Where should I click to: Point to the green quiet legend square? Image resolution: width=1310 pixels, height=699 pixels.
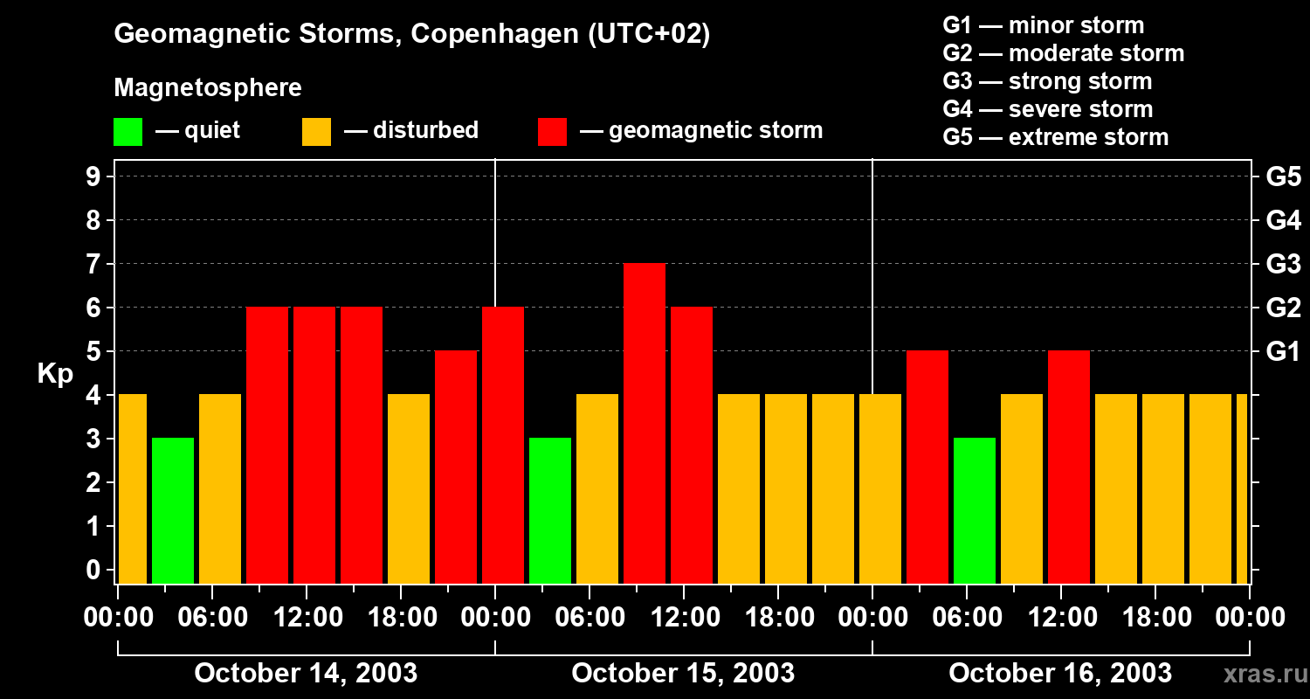tap(128, 132)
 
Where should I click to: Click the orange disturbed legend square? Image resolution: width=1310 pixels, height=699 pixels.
tap(316, 132)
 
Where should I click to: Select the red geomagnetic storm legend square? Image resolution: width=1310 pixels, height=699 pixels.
tap(552, 132)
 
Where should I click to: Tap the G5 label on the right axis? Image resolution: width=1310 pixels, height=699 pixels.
tap(1283, 177)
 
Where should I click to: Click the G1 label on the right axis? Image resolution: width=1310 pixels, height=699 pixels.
tap(1283, 352)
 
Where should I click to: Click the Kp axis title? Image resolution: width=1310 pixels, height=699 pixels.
tap(55, 374)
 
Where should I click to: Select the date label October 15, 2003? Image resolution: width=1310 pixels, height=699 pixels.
tap(683, 673)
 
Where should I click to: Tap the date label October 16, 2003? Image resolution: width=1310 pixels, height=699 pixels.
tap(1060, 673)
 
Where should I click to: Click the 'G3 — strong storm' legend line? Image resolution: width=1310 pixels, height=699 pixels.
tap(1047, 81)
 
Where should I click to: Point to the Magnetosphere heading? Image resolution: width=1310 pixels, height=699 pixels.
tap(208, 88)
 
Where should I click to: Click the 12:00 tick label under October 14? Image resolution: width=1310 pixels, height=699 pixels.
tap(307, 618)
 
